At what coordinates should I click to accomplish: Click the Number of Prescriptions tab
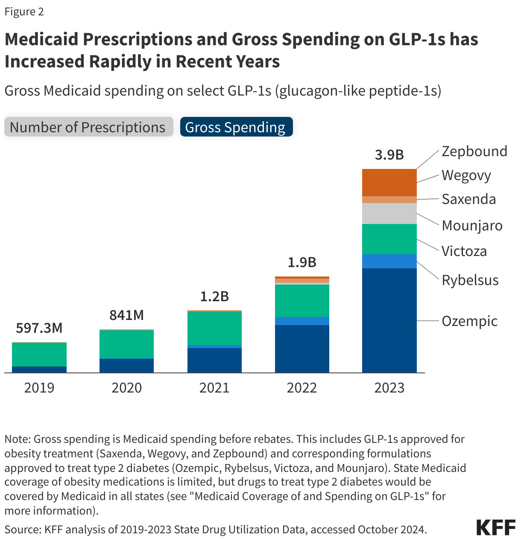coord(88,127)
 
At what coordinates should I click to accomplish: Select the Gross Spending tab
coord(236,127)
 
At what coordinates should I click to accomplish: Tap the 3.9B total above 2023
coord(389,155)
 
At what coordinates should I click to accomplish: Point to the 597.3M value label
coord(39,328)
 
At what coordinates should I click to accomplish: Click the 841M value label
coord(126,315)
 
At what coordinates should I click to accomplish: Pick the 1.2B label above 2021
coord(214,296)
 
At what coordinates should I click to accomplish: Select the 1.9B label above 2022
coord(302,262)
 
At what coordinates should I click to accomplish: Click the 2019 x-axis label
coord(39,387)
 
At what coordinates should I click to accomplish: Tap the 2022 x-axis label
coord(302,387)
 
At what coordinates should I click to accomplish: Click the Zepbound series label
coord(474,151)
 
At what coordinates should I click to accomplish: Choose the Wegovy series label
coord(466,175)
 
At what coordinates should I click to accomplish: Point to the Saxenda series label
coord(468,199)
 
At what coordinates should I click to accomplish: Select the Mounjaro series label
coord(472,225)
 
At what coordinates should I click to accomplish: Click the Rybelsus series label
coord(470,280)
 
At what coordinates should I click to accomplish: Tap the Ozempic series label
coord(469,321)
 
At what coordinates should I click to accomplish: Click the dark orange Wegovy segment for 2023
coord(389,183)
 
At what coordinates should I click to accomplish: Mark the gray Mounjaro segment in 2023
coord(389,213)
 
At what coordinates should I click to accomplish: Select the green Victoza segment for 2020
coord(126,344)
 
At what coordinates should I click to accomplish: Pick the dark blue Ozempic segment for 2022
coord(302,349)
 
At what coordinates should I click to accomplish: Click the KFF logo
coord(495,527)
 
